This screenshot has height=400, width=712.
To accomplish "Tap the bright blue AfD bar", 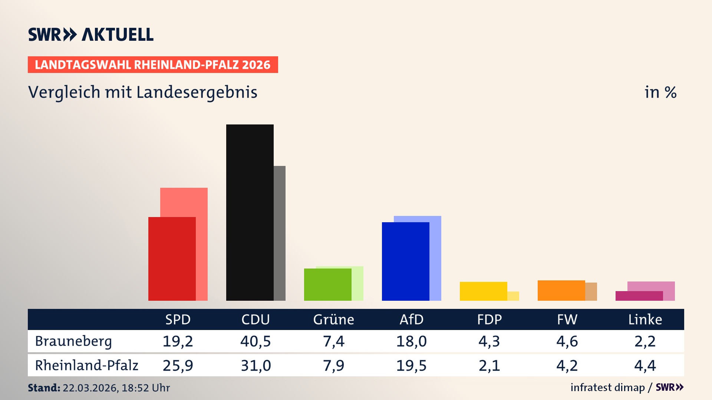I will click(x=405, y=261).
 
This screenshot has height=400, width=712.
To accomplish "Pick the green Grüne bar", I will click(x=327, y=284).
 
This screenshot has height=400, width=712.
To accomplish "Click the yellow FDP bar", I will click(x=483, y=291).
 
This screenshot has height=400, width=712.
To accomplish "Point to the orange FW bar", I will click(x=561, y=290).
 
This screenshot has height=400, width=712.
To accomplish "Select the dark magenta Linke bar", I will click(x=639, y=296).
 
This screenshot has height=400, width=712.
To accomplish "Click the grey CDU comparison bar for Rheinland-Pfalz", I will click(x=280, y=233).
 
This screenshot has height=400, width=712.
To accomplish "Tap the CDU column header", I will click(x=256, y=319).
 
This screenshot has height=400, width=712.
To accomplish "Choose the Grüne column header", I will click(x=333, y=319).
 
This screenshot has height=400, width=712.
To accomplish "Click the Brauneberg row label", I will click(x=73, y=341).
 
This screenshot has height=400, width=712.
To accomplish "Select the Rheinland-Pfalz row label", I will click(x=86, y=365).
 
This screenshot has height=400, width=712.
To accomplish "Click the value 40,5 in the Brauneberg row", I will click(x=256, y=341).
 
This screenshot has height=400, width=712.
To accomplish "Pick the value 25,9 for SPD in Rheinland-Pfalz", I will click(x=178, y=366).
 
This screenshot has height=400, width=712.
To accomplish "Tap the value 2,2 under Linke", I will click(x=645, y=341).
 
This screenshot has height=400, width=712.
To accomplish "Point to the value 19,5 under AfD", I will click(x=411, y=366).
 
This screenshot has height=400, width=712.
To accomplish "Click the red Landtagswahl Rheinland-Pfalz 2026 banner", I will click(x=153, y=65).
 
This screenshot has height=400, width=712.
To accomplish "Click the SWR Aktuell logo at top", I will click(x=91, y=34).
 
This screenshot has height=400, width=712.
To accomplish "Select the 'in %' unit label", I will click(x=660, y=92).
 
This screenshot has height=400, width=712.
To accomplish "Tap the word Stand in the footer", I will click(x=44, y=388).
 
